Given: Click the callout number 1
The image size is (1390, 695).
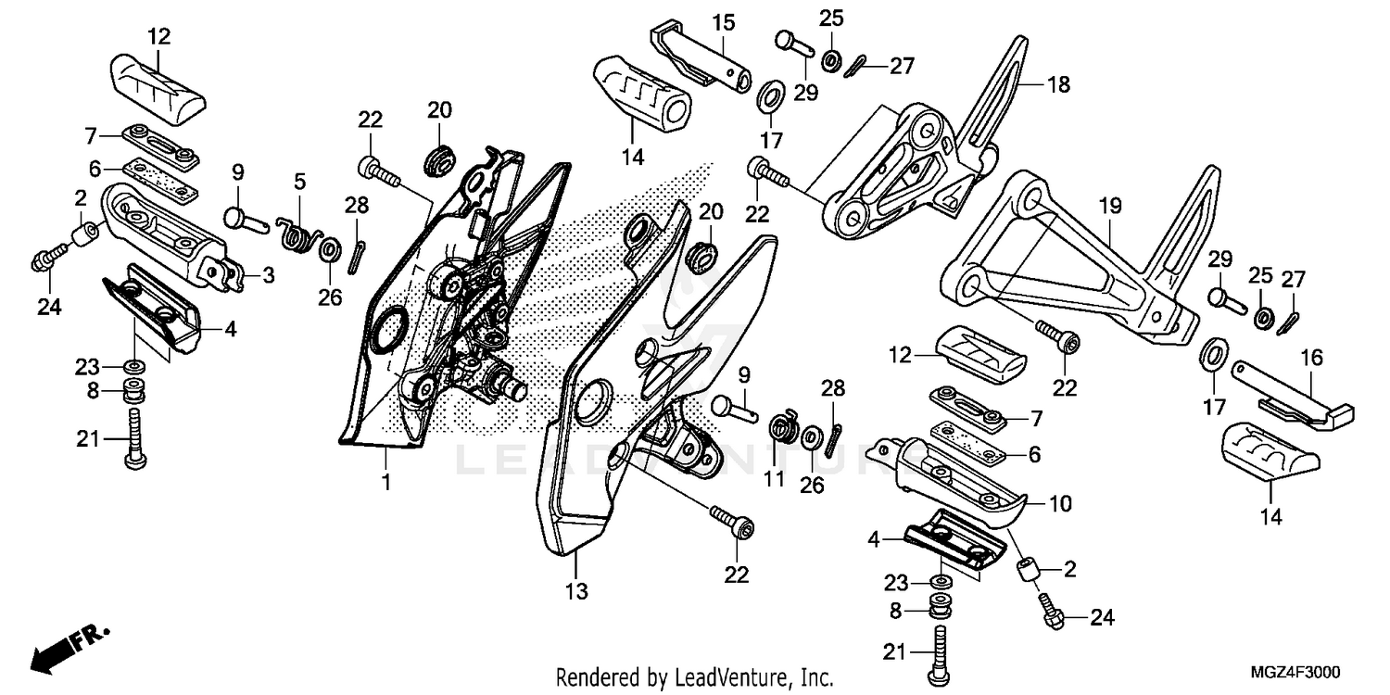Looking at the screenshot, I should click(x=385, y=482).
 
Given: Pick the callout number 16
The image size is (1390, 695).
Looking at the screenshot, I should click(x=1311, y=358).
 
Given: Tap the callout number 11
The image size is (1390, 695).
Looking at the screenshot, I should click(x=774, y=479).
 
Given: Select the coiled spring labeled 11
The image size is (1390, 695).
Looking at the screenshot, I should click(x=786, y=429).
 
